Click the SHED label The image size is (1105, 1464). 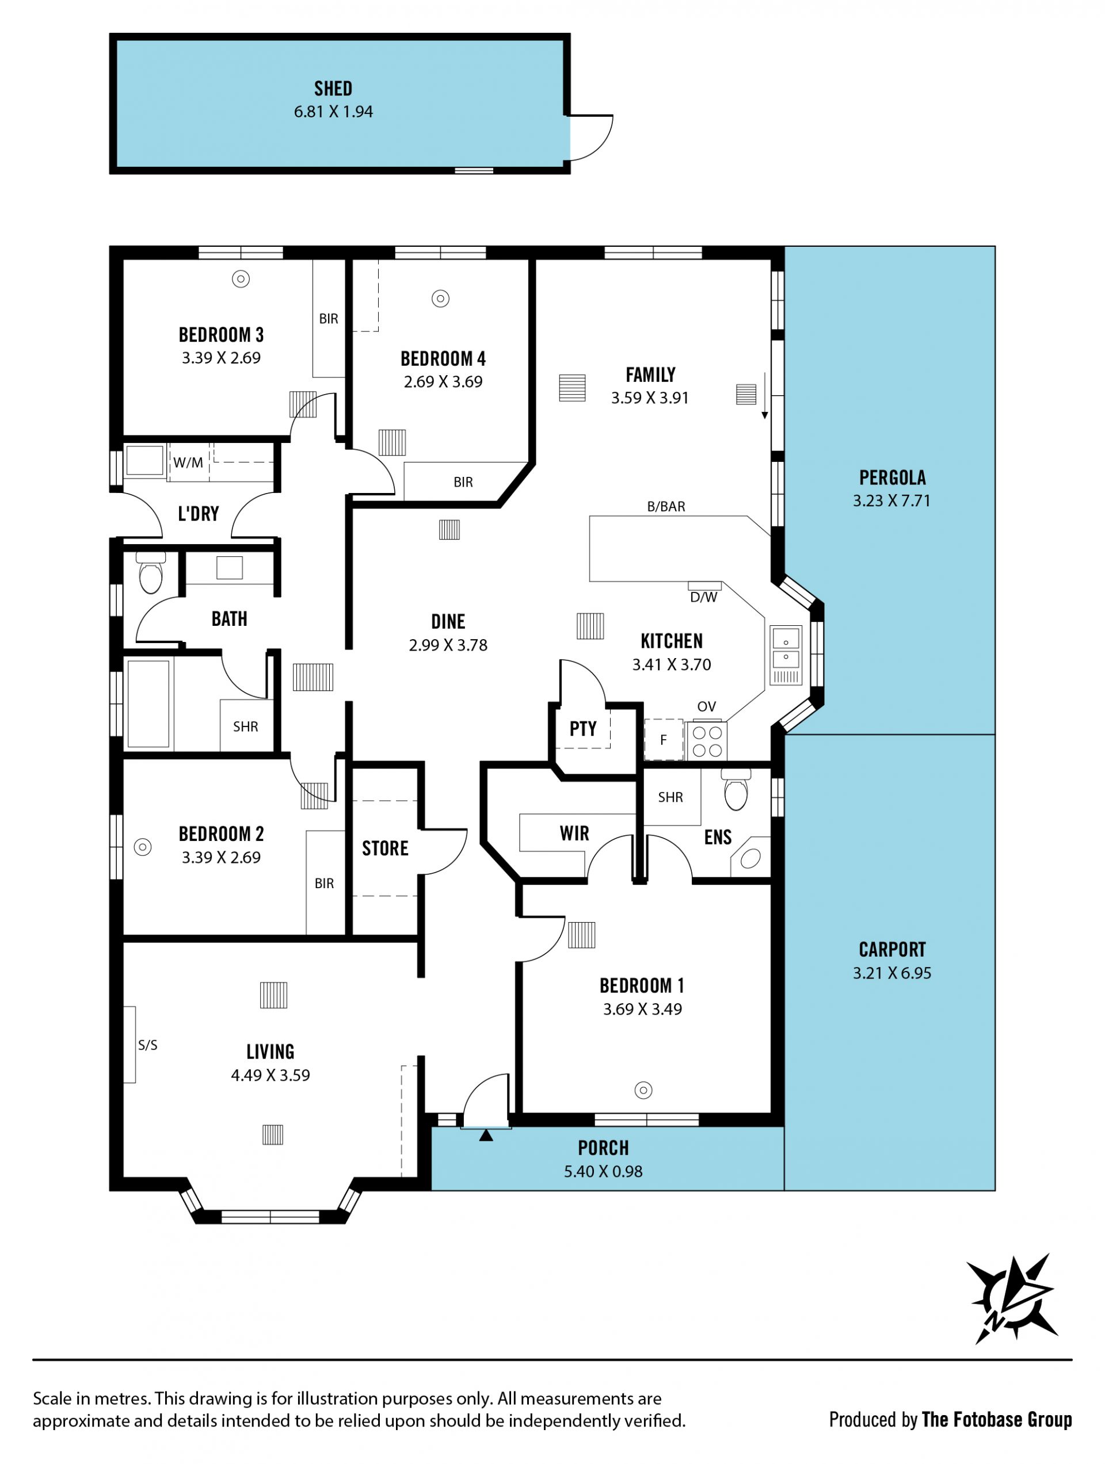pyautogui.click(x=333, y=88)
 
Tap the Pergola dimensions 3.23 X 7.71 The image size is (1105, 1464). pyautogui.click(x=892, y=500)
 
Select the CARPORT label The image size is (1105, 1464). pyautogui.click(x=893, y=950)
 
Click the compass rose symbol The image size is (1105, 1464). pyautogui.click(x=1011, y=1298)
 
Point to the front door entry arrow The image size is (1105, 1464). pyautogui.click(x=486, y=1136)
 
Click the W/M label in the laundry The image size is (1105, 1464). pyautogui.click(x=188, y=462)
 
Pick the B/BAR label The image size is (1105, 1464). pyautogui.click(x=666, y=506)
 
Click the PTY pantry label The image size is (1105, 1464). pyautogui.click(x=582, y=729)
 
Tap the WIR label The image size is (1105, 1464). pyautogui.click(x=574, y=834)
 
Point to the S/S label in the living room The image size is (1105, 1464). pyautogui.click(x=148, y=1045)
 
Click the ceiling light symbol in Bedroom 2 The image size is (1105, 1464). pyautogui.click(x=143, y=847)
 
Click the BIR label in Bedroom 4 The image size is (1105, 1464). pyautogui.click(x=463, y=482)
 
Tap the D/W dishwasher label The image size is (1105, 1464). pyautogui.click(x=704, y=597)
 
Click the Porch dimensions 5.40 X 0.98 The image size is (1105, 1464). pyautogui.click(x=603, y=1171)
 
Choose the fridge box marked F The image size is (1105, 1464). pyautogui.click(x=664, y=740)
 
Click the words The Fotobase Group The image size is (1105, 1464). pyautogui.click(x=996, y=1420)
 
